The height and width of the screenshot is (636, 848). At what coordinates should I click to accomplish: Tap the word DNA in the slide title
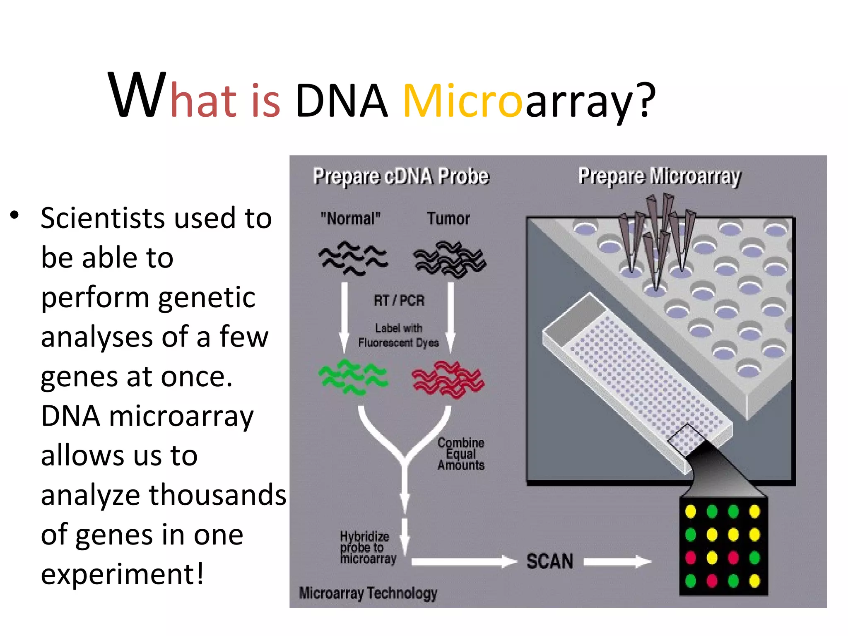point(342,101)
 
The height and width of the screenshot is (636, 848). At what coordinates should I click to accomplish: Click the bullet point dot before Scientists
point(15,215)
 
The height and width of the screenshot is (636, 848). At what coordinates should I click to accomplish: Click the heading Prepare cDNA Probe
point(401,176)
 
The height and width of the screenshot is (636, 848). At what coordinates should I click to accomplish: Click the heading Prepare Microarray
point(659,176)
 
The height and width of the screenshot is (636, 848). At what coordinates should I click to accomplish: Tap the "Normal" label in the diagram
point(350,218)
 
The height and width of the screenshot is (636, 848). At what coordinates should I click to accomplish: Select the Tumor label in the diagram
point(448,218)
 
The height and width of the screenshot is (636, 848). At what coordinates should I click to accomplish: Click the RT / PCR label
point(399,300)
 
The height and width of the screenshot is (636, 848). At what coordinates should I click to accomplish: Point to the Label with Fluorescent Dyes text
point(398,335)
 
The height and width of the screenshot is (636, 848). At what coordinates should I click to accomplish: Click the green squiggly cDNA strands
point(353,377)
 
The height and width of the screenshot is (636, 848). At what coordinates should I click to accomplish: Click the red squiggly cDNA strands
point(448,379)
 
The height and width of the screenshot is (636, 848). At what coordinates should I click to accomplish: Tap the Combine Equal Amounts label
point(461,454)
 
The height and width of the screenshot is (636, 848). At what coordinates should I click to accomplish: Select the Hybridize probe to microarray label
point(368,547)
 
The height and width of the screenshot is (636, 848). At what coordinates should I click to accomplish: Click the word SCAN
point(550,561)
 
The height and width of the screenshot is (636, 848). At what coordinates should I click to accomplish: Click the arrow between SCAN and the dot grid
point(617,561)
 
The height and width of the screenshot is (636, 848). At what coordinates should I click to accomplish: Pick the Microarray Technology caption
point(368,593)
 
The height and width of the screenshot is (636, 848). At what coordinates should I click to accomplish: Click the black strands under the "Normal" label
point(353,258)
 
